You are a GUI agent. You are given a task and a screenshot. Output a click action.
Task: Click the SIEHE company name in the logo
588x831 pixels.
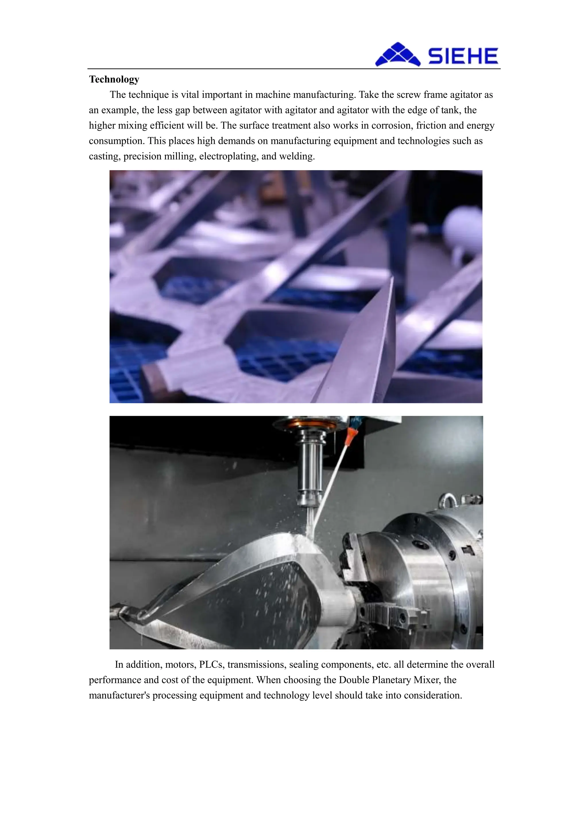(x=463, y=56)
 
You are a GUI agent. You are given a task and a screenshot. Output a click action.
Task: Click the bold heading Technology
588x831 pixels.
(x=114, y=79)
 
